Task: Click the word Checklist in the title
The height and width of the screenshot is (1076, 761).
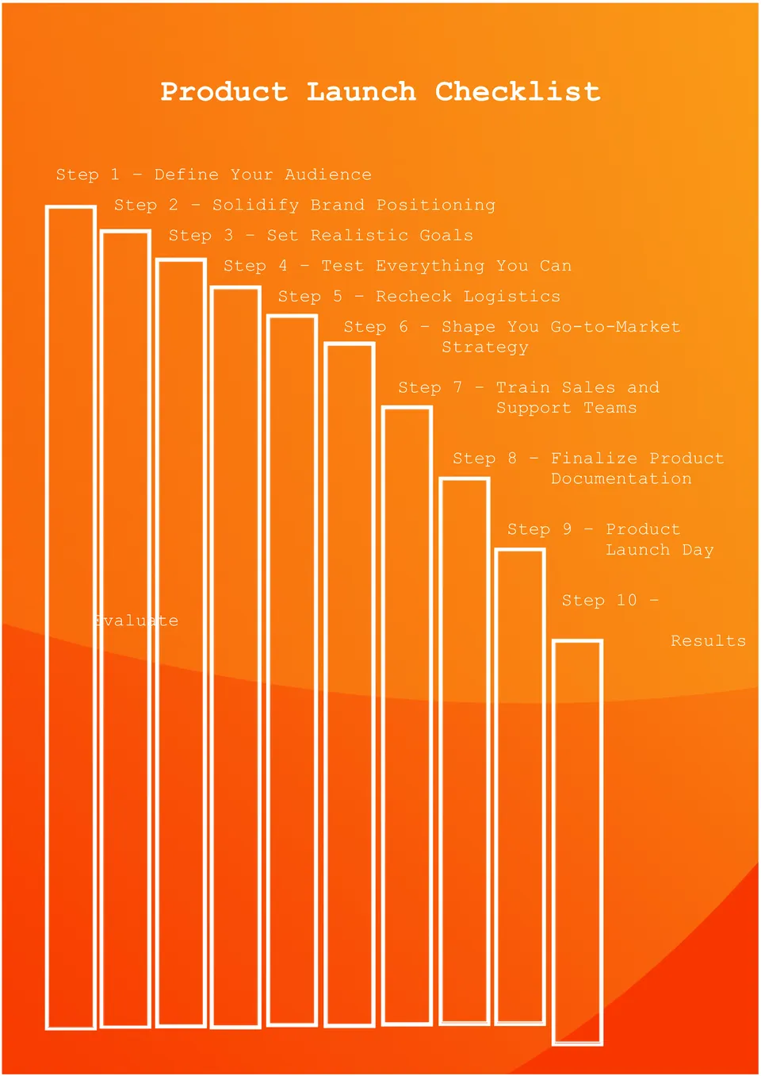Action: (518, 91)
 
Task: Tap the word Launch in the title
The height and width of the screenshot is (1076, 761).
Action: (361, 91)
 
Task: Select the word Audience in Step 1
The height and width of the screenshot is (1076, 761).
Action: (327, 175)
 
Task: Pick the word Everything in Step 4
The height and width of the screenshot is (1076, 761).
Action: (430, 266)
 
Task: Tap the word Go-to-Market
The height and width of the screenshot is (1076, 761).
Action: (615, 327)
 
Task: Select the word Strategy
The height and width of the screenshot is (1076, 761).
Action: (484, 348)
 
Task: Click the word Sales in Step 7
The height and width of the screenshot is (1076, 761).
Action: (588, 388)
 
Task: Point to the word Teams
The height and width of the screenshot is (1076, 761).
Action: (610, 408)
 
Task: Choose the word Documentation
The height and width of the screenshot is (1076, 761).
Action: (621, 479)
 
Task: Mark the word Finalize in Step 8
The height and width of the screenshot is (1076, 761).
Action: (594, 459)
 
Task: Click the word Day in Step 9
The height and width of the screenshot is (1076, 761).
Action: (698, 550)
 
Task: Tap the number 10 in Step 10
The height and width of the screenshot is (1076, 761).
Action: (626, 601)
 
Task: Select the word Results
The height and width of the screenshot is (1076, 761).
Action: (708, 641)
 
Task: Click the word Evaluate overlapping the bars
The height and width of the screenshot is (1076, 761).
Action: (136, 621)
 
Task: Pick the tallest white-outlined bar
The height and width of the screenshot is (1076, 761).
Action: (71, 619)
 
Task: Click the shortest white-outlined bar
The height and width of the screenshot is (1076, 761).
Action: (577, 841)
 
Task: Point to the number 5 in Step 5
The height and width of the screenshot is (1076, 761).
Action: (338, 297)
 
